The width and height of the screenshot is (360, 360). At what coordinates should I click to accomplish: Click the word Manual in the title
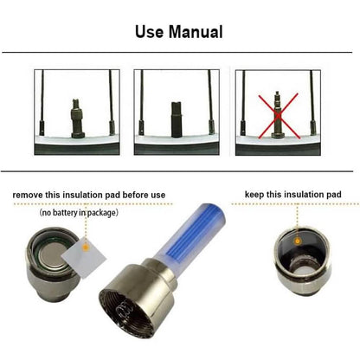tap(196, 32)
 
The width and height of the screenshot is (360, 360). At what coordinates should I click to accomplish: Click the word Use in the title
tap(149, 32)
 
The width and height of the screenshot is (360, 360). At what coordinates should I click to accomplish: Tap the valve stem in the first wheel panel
tap(77, 119)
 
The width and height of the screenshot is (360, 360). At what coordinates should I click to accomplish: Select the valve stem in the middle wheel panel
tap(177, 119)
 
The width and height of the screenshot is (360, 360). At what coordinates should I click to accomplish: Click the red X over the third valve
tap(278, 115)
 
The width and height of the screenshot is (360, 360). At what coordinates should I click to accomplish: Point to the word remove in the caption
tap(28, 195)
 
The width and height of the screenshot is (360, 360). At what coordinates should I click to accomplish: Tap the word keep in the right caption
tap(254, 195)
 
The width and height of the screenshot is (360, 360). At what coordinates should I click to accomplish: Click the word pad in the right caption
tap(334, 195)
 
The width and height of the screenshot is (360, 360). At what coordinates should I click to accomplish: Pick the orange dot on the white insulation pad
tap(85, 247)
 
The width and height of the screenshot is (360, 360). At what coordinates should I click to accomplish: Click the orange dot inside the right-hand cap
tap(298, 241)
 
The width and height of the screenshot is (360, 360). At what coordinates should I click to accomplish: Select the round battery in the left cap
tap(53, 254)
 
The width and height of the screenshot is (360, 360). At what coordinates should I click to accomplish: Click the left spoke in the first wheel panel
tap(42, 103)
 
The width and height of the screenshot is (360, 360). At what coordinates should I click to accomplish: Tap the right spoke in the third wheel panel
tap(312, 103)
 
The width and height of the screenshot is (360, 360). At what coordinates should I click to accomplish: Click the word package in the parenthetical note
tap(101, 213)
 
